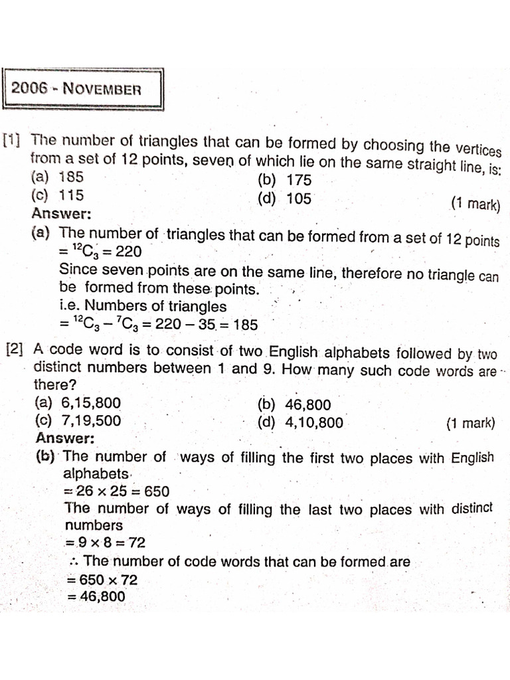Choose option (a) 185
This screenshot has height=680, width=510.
click(58, 177)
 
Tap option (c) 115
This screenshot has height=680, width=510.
click(58, 195)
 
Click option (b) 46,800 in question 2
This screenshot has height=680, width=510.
click(294, 404)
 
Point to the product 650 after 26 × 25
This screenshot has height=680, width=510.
click(156, 491)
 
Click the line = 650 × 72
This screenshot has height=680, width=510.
click(102, 579)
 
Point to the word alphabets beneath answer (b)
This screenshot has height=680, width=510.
click(96, 473)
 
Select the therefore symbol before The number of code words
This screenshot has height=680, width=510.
click(74, 562)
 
